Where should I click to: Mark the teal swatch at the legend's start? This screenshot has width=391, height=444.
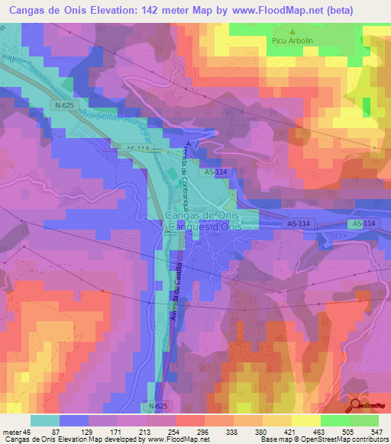tap(44, 420)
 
